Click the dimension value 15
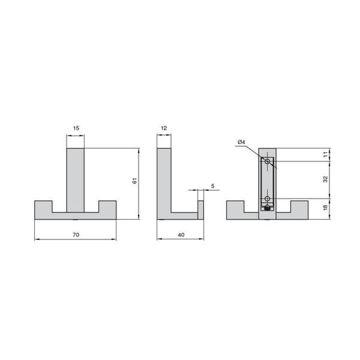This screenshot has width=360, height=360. point(76,128)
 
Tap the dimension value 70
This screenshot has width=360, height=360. point(76,235)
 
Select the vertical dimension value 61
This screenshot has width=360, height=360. point(135,181)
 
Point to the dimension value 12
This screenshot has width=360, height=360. point(164,128)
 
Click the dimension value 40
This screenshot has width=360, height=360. point(181,235)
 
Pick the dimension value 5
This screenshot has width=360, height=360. point(213,186)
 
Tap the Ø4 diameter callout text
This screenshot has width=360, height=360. point(241,142)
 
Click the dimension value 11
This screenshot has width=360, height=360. point(326,154)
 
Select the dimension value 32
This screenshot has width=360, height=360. point(326,179)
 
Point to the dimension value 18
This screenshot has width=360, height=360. point(326,208)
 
